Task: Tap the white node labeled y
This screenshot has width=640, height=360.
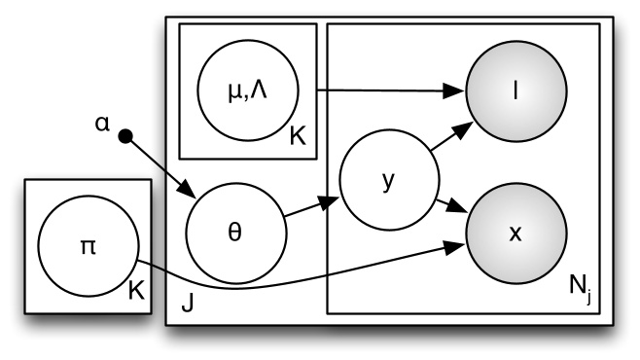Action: [x=388, y=183]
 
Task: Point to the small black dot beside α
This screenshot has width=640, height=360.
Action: [x=124, y=138]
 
